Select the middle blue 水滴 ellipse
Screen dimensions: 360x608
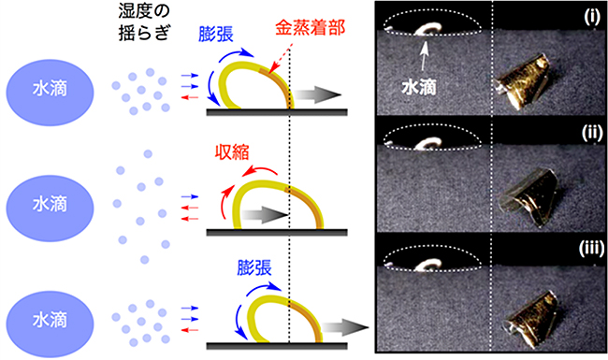47,204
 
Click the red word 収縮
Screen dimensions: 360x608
236,152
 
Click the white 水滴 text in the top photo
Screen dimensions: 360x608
422,82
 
